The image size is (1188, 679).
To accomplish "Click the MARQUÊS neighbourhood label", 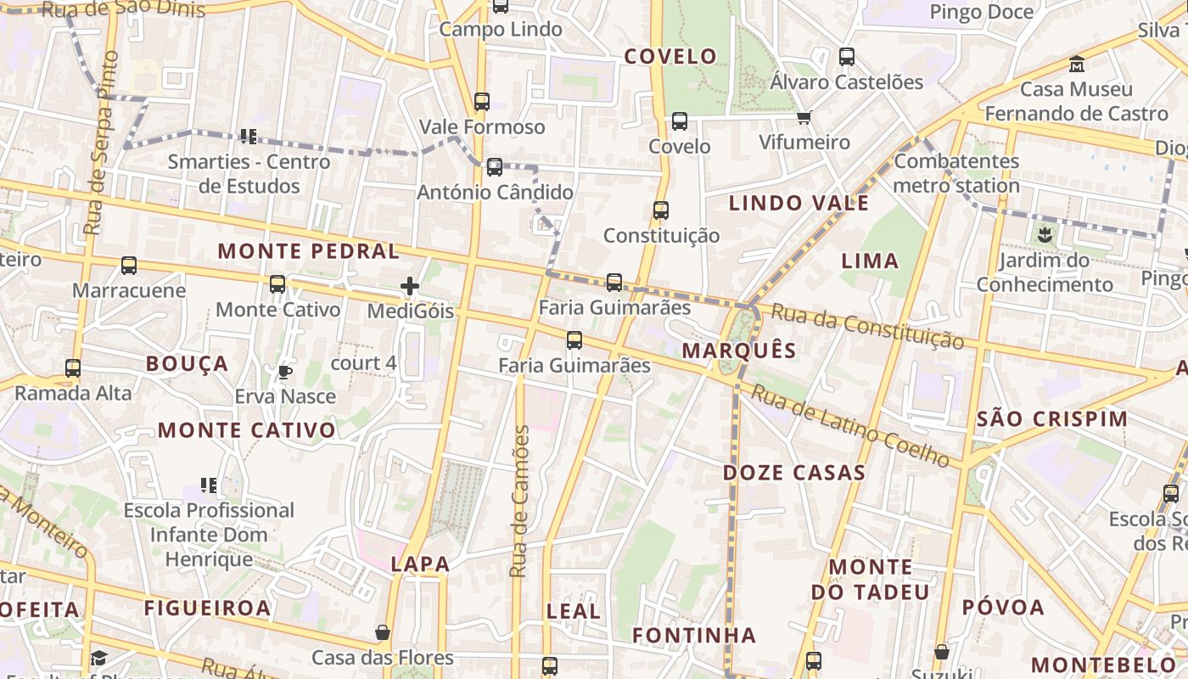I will [739, 351].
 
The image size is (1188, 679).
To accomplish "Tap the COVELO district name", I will [670, 57].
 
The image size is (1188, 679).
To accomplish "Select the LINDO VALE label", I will [799, 203].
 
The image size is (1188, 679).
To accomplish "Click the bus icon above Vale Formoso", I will [482, 102].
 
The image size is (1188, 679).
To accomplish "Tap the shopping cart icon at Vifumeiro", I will [804, 117].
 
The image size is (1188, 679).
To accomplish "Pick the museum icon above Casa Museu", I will [1077, 65].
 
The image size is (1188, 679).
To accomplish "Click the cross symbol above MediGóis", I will [410, 286].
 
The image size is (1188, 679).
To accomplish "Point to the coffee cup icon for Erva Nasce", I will [285, 372].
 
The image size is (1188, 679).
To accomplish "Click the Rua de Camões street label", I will [519, 501].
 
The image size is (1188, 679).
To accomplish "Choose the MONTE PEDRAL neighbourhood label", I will [308, 251].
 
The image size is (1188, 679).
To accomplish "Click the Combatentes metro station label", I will [956, 173].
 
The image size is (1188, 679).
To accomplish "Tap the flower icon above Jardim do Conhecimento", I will [1045, 234].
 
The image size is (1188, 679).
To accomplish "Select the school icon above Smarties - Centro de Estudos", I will [248, 136].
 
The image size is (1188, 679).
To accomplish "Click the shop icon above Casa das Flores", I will [383, 632].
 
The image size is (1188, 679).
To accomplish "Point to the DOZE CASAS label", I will [793, 473].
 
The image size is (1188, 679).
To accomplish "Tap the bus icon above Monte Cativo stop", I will [277, 284].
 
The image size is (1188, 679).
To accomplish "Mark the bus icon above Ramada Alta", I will [73, 368].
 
